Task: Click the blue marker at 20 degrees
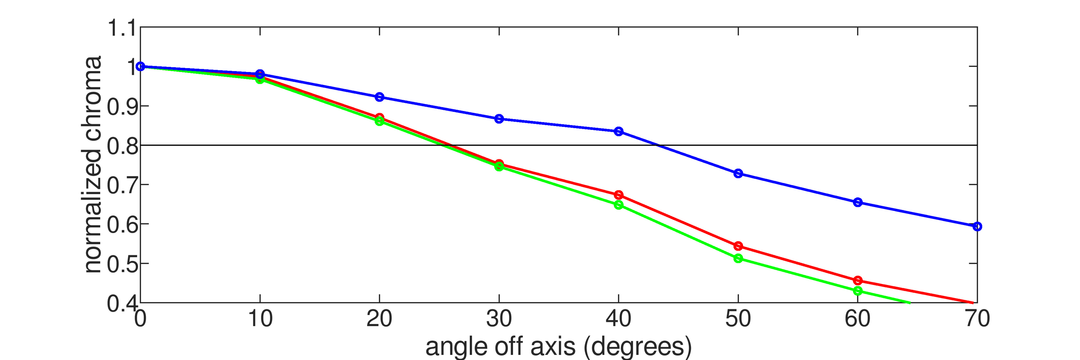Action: [x=379, y=97]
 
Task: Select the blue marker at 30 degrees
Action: [x=499, y=119]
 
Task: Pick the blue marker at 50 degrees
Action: [x=738, y=174]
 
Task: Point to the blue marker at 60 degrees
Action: [x=858, y=202]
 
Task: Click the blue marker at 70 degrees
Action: [x=977, y=226]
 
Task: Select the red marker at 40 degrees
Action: [x=618, y=195]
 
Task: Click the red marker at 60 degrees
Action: [x=858, y=280]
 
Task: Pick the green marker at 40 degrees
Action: [x=618, y=205]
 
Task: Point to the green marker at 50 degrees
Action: [x=738, y=258]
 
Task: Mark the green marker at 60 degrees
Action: [x=858, y=291]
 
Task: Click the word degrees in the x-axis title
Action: [x=637, y=347]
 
